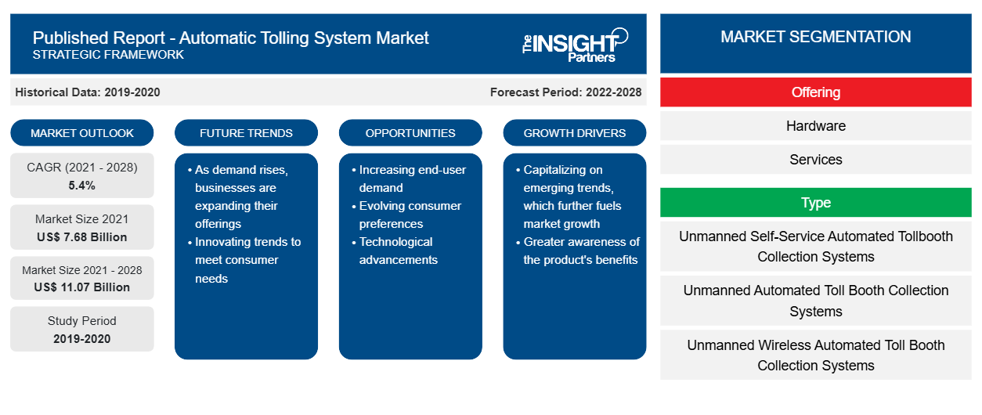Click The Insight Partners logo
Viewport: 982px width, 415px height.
click(x=575, y=45)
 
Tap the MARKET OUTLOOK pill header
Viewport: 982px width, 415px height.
click(x=82, y=133)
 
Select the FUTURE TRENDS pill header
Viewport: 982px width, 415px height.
click(x=246, y=133)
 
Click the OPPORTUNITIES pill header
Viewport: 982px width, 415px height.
click(x=410, y=133)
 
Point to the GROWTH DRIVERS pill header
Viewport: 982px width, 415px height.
click(x=574, y=133)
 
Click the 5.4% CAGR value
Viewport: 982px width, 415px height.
click(x=82, y=186)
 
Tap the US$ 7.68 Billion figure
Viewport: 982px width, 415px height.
click(x=82, y=237)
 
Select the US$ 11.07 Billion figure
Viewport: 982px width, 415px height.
click(x=82, y=287)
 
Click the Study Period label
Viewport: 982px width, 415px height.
click(x=82, y=321)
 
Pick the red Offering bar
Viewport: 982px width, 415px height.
click(x=816, y=92)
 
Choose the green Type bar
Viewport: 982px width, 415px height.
click(x=816, y=203)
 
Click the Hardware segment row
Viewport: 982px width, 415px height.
click(x=816, y=126)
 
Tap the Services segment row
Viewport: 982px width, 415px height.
click(x=816, y=160)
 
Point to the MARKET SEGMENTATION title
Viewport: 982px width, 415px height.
click(x=816, y=37)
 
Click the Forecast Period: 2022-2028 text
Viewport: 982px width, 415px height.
click(x=565, y=92)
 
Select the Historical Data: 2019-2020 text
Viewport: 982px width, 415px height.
click(x=88, y=92)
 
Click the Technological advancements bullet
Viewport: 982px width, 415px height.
click(x=395, y=251)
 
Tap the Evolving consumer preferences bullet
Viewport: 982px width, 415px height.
click(x=406, y=215)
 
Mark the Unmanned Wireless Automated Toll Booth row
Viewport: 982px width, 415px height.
click(x=816, y=355)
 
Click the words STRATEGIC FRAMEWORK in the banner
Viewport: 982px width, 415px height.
click(x=108, y=55)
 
